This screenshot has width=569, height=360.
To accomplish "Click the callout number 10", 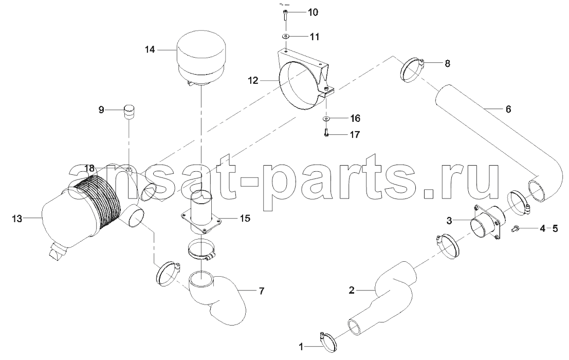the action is (313, 13).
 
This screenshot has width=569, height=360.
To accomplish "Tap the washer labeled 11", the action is (285, 37).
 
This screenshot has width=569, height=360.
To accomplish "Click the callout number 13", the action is (17, 219).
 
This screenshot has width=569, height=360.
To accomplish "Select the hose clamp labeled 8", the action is (413, 69).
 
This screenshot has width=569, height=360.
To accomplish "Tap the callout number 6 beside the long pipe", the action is (508, 109).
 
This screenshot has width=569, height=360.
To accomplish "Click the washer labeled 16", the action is (326, 118).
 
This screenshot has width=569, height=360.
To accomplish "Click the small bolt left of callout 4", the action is (516, 228).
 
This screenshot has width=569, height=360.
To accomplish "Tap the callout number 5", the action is (555, 229).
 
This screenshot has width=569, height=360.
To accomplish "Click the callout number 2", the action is (351, 291).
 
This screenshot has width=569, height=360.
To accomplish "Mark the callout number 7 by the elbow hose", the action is (262, 291).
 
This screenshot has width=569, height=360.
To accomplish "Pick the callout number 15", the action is (245, 219).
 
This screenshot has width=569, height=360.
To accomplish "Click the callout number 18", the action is (89, 168).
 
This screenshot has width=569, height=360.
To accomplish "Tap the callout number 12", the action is (253, 80).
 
